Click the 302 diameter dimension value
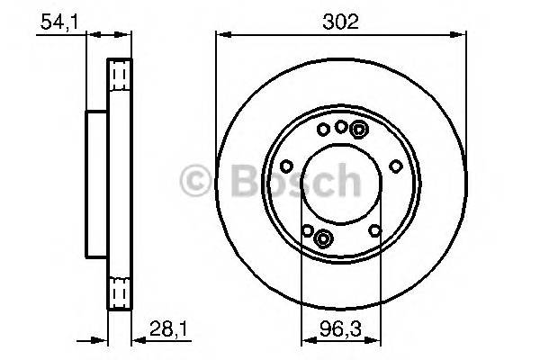click(x=340, y=22)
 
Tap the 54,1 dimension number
click(x=57, y=22)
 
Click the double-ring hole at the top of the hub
click(x=357, y=130)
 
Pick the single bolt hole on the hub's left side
click(x=285, y=166)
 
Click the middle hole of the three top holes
click(x=340, y=127)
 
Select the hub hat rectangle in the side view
click(x=96, y=184)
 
